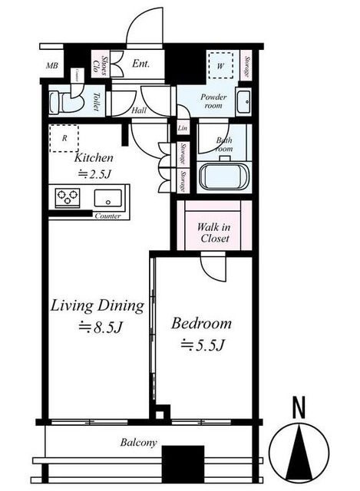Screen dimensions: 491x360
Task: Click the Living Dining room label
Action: coord(97,307)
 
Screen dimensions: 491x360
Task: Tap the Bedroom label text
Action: coord(201,323)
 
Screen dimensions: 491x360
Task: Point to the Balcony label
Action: coord(138,443)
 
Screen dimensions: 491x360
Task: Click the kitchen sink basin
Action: coord(111,197)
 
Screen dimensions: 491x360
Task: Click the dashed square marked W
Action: coord(220,66)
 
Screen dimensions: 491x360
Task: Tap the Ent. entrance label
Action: coord(141,64)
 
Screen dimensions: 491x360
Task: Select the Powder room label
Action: coord(216,103)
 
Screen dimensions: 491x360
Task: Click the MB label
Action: coord(53,67)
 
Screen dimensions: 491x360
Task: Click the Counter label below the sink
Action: coord(109,216)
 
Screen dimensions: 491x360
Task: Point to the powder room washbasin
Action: coord(244,100)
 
